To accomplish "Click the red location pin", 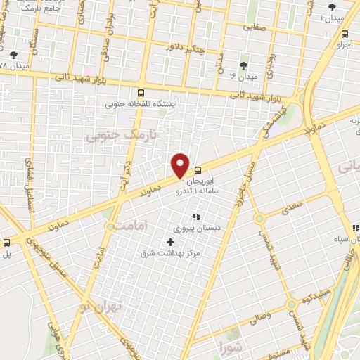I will [181, 165].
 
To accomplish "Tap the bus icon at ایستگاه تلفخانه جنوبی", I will [141, 92].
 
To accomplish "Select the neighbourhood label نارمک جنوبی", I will [112, 134].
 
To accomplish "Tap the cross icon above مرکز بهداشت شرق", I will [170, 242].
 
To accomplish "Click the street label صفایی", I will [257, 27].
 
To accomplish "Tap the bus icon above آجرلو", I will [345, 33].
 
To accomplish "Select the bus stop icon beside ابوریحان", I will [198, 169].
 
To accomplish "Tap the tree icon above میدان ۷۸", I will [14, 54].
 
